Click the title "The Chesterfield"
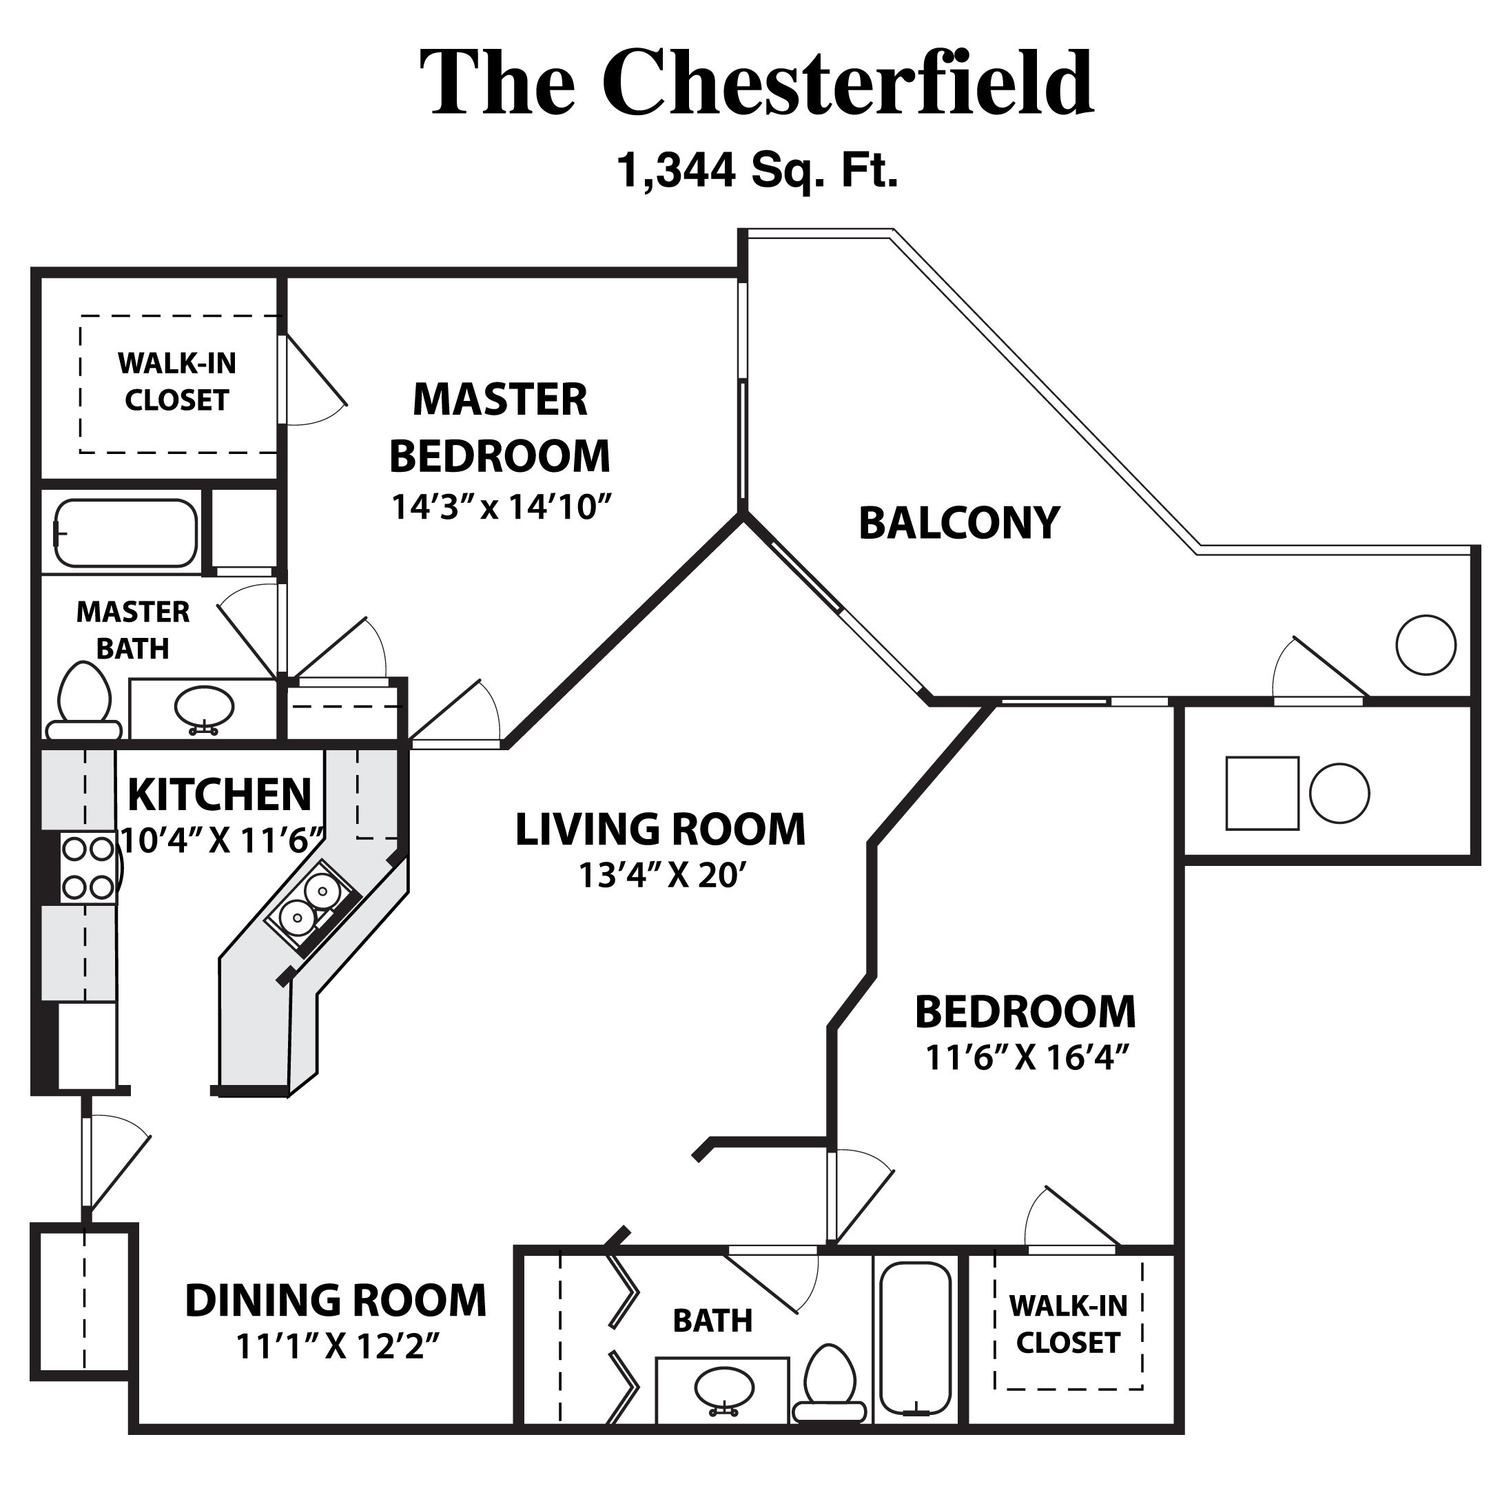pyautogui.click(x=755, y=83)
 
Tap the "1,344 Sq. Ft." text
pyautogui.click(x=757, y=169)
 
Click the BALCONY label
pyautogui.click(x=958, y=523)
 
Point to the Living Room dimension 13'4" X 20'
pyautogui.click(x=659, y=876)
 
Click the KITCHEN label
pyautogui.click(x=220, y=795)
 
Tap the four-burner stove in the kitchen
pyautogui.click(x=88, y=867)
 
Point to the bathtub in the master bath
pyautogui.click(x=126, y=533)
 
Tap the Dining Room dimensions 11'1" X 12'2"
pyautogui.click(x=337, y=1347)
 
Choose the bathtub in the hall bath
pyautogui.click(x=914, y=1337)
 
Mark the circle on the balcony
pyautogui.click(x=1425, y=645)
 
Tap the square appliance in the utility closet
pyautogui.click(x=1262, y=792)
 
